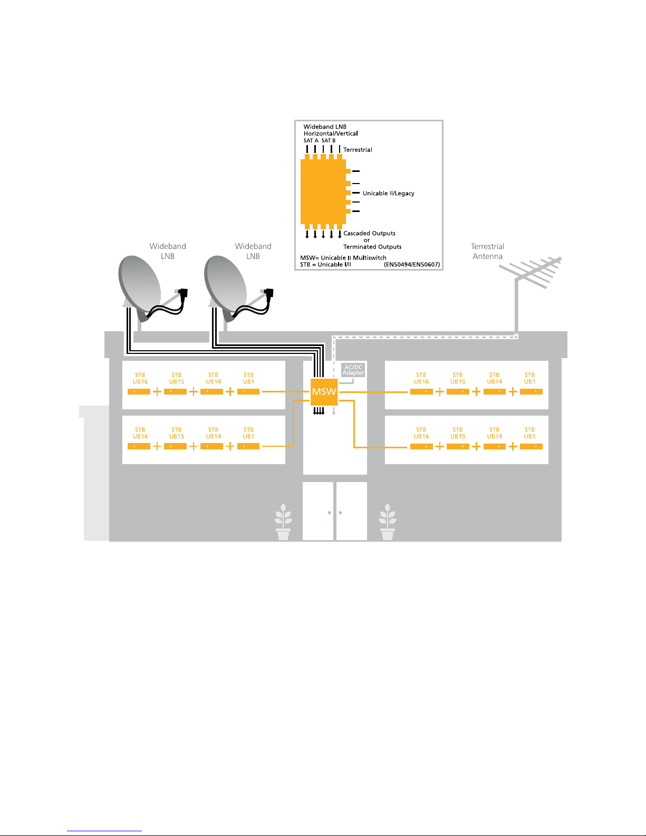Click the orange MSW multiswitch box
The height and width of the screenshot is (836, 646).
click(x=324, y=392)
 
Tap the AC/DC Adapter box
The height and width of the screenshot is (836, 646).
click(x=353, y=370)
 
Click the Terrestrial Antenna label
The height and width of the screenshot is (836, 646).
click(x=487, y=251)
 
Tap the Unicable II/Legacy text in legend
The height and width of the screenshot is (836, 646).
click(x=388, y=193)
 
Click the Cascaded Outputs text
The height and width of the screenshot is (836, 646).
click(x=369, y=233)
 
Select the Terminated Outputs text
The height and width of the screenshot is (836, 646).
click(x=372, y=247)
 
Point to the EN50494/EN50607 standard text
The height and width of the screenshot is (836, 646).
click(x=412, y=264)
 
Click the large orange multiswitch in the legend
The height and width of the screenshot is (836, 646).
click(x=323, y=191)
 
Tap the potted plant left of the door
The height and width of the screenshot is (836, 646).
click(x=283, y=522)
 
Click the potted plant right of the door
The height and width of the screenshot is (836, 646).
click(x=388, y=522)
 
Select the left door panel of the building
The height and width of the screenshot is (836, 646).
click(x=318, y=511)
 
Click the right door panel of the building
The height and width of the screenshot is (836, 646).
click(x=351, y=511)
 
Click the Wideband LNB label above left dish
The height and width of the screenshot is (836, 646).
click(x=168, y=251)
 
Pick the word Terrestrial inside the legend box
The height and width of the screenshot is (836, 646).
click(x=358, y=150)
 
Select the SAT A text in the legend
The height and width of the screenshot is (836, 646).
click(x=311, y=141)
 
